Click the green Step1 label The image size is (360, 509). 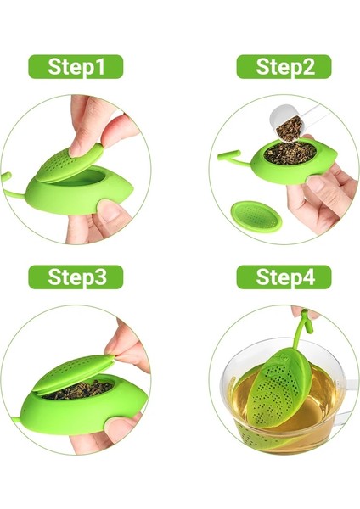pyautogui.click(x=76, y=67)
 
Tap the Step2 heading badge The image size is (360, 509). pyautogui.click(x=283, y=67)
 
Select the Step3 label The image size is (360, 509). pyautogui.click(x=76, y=277)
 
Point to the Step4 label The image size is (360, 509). pyautogui.click(x=283, y=277)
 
